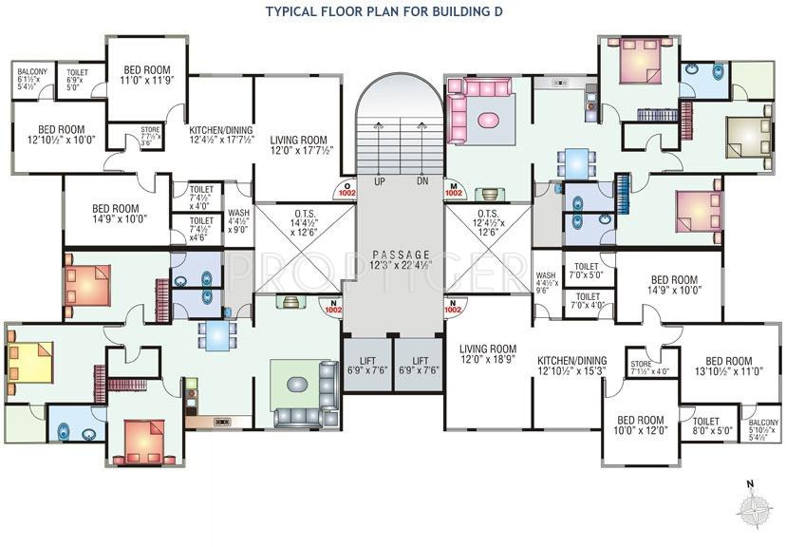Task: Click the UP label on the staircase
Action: [380, 180]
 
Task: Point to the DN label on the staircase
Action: [421, 180]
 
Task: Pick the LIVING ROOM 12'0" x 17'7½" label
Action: [298, 143]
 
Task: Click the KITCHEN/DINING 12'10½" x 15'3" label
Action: [571, 367]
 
